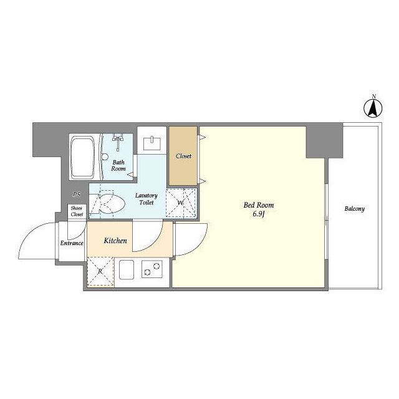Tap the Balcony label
[x=355, y=209]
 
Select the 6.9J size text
[x=259, y=214]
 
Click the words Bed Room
[x=259, y=205]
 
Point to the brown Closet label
[x=183, y=156]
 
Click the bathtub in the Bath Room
[x=82, y=157]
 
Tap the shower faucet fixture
[x=118, y=142]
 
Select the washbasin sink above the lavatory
[x=152, y=143]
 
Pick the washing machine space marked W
[x=181, y=203]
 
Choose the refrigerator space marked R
[x=100, y=271]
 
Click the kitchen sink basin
[x=127, y=270]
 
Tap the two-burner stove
[x=152, y=269]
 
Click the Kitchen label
[x=115, y=241]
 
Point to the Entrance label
[x=72, y=243]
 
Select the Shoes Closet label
[x=77, y=211]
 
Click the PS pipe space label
[x=77, y=195]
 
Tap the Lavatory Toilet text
[x=147, y=199]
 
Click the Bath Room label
[x=118, y=165]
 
